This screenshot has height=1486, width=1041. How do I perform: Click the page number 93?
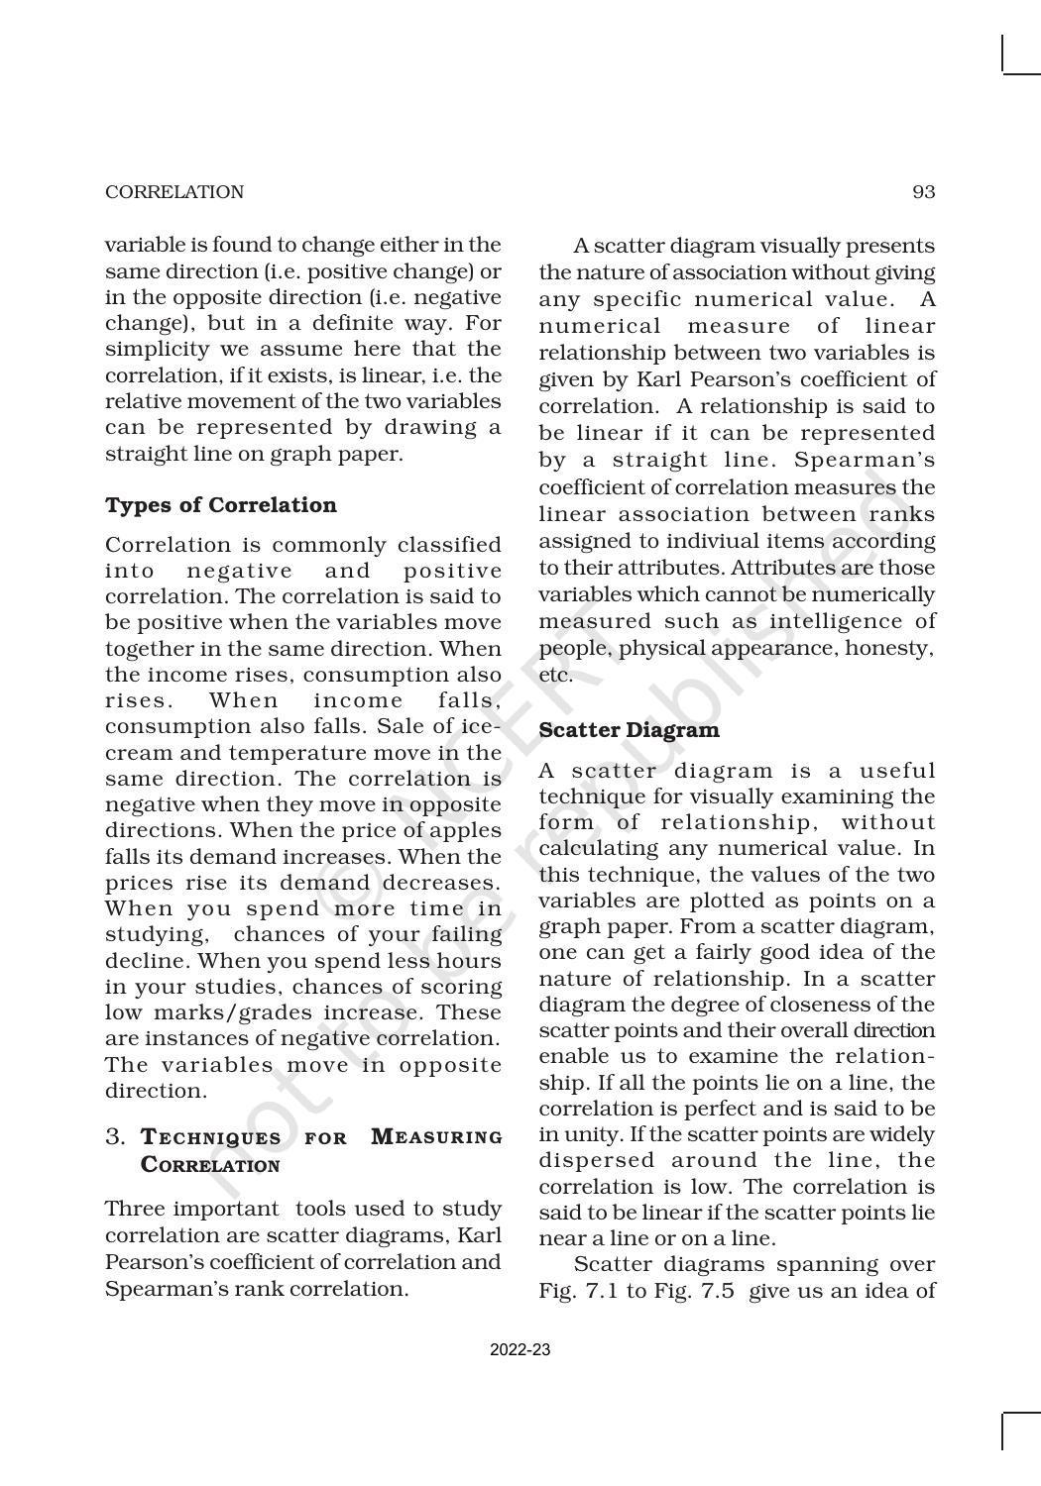[923, 192]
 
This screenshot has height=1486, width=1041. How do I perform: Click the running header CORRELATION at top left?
[174, 192]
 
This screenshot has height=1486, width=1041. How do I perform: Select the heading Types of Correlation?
[221, 505]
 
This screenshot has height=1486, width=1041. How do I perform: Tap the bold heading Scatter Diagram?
[629, 730]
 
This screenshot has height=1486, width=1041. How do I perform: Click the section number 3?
[116, 1137]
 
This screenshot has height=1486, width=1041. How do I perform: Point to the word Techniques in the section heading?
[211, 1137]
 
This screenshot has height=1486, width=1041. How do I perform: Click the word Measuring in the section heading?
[436, 1137]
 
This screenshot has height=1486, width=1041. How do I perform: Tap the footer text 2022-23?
[520, 1350]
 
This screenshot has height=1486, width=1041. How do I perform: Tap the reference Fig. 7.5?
[698, 1291]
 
